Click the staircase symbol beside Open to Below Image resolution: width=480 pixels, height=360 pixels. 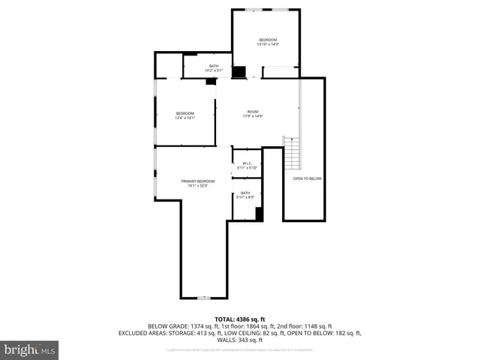tap(291, 154)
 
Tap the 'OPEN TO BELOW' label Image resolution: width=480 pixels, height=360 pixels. tap(307, 178)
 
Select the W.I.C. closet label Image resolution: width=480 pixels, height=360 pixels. tap(246, 163)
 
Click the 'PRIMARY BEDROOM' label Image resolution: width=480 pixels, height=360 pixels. tap(197, 181)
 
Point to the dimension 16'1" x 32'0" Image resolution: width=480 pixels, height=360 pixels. tap(197, 186)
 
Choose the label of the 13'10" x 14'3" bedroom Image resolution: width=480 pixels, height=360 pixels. tap(268, 39)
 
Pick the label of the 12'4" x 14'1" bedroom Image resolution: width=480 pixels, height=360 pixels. tap(184, 113)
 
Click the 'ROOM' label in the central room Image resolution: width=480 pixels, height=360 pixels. tap(253, 112)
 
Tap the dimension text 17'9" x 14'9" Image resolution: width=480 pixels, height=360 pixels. tap(253, 117)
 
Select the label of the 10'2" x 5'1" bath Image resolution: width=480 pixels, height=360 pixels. tap(214, 66)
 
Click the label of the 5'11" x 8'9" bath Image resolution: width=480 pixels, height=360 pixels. tap(245, 193)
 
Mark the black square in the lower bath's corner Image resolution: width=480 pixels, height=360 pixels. tap(259, 214)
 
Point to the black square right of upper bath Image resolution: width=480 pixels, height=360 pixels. tap(238, 72)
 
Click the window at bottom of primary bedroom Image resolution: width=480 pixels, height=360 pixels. tap(202, 298)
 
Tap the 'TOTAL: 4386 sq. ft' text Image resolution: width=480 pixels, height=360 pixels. tap(239, 319)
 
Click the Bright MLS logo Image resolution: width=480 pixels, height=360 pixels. tap(30, 349)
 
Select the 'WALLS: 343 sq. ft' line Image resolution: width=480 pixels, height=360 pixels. tap(239, 340)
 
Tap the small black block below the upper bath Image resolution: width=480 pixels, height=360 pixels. tap(211, 82)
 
